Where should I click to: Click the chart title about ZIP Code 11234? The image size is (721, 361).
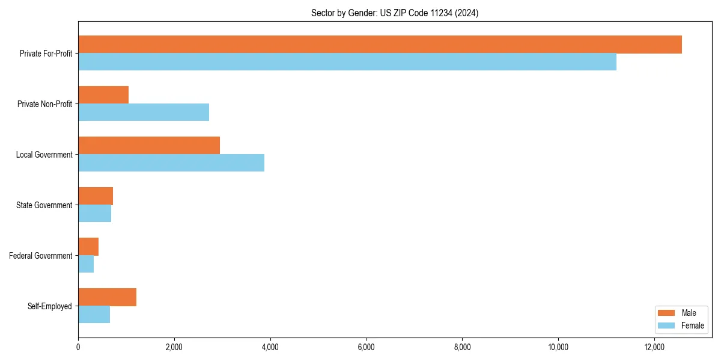coord(395,13)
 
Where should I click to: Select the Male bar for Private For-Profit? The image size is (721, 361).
coord(380,45)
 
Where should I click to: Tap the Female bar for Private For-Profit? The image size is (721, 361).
coord(347,62)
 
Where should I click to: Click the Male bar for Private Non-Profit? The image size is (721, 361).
coord(103,95)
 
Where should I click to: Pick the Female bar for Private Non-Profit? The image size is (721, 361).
coord(144,113)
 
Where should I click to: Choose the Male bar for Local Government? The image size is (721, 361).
coord(149,146)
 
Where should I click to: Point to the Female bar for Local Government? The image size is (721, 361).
coord(171,163)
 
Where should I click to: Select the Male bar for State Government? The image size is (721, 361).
coord(96,196)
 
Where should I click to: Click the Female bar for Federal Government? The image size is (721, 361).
coord(86,264)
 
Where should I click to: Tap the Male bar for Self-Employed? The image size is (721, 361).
coord(107,297)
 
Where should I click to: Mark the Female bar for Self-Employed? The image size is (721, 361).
coord(94,315)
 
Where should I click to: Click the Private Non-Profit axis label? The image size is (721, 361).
coord(44,104)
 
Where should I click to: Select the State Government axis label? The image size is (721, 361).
coord(44,205)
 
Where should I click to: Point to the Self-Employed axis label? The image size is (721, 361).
coord(49,306)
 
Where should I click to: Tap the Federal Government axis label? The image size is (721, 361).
coord(40,256)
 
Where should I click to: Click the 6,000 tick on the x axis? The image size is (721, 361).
coord(366,347)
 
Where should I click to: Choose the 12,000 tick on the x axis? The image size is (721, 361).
coord(654,347)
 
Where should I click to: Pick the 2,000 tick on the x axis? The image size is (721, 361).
coord(174,347)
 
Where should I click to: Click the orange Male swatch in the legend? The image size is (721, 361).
coord(667,313)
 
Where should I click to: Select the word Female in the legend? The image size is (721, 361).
coord(692,326)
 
